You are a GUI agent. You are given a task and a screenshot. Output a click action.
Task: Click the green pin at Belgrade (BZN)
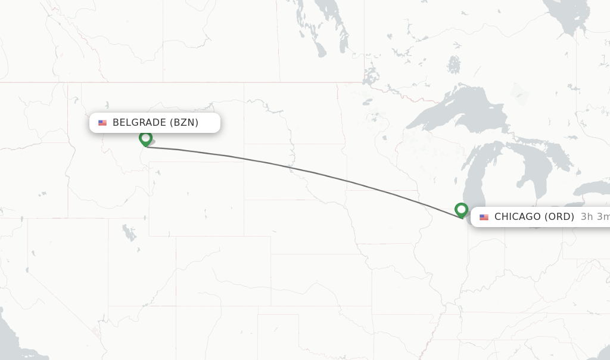click(x=145, y=138)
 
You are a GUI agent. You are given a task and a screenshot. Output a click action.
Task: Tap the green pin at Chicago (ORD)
click(x=461, y=210)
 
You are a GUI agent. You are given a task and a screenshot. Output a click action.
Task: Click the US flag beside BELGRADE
click(x=102, y=123)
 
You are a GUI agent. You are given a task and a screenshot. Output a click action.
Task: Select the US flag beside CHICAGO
click(x=484, y=217)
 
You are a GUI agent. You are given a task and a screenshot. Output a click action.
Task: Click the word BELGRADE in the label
click(x=139, y=123)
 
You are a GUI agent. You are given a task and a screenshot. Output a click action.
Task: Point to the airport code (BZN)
click(x=184, y=123)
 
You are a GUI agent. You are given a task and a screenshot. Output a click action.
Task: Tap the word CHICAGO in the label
click(x=518, y=217)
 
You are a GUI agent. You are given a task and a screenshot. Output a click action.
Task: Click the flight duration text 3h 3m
click(x=595, y=217)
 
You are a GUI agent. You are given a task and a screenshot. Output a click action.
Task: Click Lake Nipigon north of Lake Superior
click(x=454, y=64)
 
